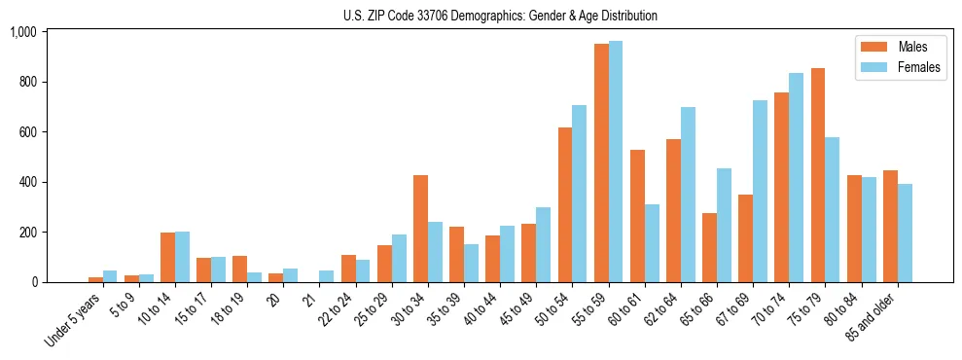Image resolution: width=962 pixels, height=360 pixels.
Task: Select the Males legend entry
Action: coord(912,47)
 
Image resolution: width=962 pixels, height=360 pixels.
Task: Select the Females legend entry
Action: coord(918,69)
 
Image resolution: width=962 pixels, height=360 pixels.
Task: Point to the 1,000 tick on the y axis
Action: coord(22,32)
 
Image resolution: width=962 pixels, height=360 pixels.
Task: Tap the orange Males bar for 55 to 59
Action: coord(601,163)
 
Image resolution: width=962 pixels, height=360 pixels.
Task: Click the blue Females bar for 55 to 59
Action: coord(616,162)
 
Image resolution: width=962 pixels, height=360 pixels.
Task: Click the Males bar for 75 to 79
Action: coord(818,175)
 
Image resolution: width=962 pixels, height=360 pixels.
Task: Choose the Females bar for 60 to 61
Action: coord(652,243)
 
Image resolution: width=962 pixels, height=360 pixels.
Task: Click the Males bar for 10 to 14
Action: coord(167,258)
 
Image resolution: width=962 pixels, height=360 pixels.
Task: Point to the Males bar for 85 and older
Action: coord(890,227)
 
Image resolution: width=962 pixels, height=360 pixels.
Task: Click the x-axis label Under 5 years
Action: coord(74,321)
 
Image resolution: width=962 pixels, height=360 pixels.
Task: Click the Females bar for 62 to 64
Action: coord(688,195)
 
